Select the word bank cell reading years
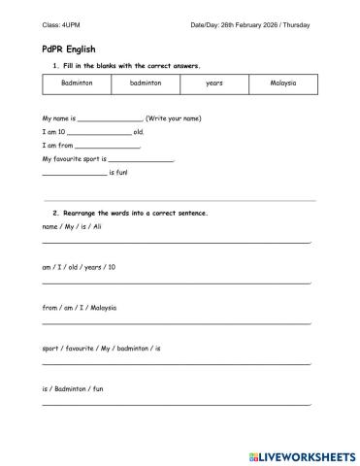pyautogui.click(x=214, y=83)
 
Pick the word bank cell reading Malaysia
pyautogui.click(x=284, y=83)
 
